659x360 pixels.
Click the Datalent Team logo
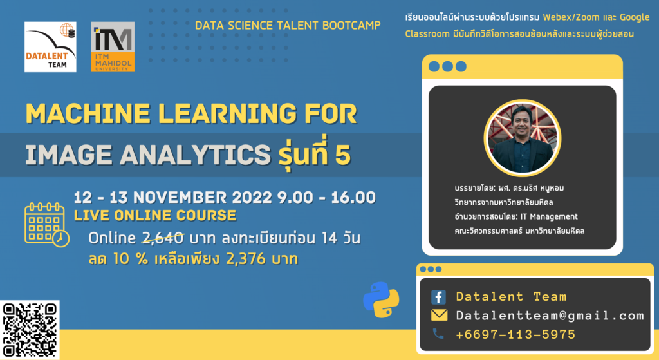pyautogui.click(x=50, y=46)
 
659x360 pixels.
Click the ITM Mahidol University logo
pyautogui.click(x=113, y=46)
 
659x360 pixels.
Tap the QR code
pyautogui.click(x=30, y=329)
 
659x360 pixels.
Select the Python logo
pyautogui.click(x=381, y=300)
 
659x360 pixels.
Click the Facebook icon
pyautogui.click(x=438, y=297)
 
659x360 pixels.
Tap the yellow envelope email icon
pyautogui.click(x=439, y=316)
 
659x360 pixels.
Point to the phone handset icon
pyautogui.click(x=438, y=334)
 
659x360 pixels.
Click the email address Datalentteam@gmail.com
pyautogui.click(x=550, y=316)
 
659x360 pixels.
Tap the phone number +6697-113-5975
pyautogui.click(x=515, y=334)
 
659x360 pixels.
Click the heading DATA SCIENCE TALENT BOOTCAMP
pyautogui.click(x=288, y=25)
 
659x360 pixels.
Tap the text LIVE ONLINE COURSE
pyautogui.click(x=155, y=216)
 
